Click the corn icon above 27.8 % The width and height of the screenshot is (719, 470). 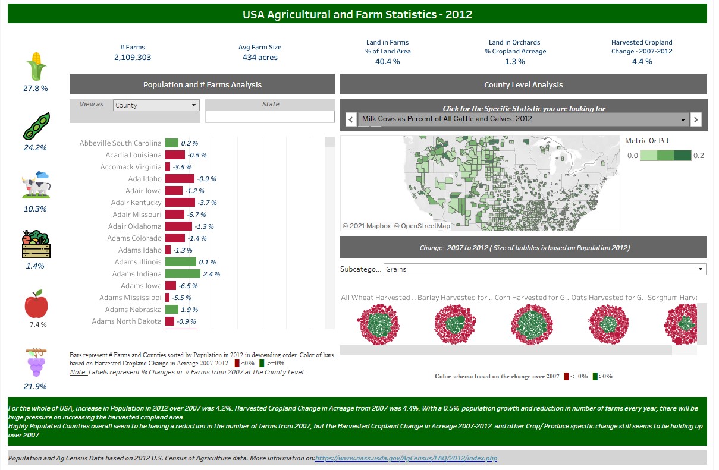click(36, 66)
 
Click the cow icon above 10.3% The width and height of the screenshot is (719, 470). click(36, 185)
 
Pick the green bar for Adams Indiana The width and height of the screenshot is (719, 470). click(183, 274)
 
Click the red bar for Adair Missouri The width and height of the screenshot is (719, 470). click(175, 215)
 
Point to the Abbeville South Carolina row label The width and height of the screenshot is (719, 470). click(120, 143)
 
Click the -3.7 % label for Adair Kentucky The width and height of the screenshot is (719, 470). click(206, 203)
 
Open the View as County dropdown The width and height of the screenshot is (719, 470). click(156, 105)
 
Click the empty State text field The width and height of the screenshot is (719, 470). click(270, 116)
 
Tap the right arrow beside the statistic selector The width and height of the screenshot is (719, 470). click(696, 119)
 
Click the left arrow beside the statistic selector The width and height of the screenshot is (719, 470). click(350, 119)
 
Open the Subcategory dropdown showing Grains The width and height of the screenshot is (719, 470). click(544, 269)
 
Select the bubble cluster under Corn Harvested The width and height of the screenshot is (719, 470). click(531, 324)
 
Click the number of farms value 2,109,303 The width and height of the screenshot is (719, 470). click(132, 58)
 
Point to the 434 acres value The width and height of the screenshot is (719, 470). click(260, 58)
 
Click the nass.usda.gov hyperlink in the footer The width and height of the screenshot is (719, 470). click(406, 458)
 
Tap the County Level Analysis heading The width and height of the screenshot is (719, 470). click(523, 85)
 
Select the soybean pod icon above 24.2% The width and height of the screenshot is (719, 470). click(35, 126)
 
